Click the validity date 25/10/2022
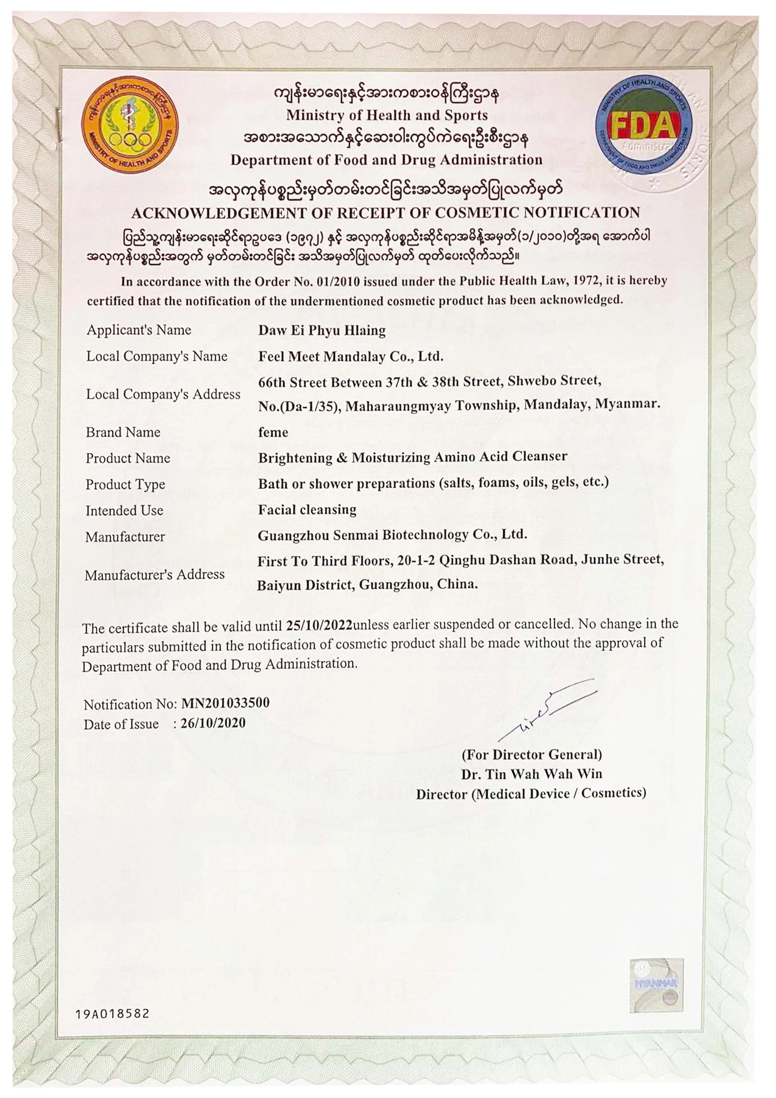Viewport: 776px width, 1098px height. coord(319,625)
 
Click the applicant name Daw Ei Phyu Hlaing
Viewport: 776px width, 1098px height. coord(322,331)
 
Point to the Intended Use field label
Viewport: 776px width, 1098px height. coord(124,511)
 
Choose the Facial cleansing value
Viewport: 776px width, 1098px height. coord(307,510)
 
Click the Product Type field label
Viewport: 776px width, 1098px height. coord(125,485)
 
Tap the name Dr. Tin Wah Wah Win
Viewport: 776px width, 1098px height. coord(531,774)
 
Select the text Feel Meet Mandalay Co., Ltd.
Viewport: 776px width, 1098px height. coord(350,357)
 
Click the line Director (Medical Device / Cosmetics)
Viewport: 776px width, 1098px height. coord(531,794)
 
